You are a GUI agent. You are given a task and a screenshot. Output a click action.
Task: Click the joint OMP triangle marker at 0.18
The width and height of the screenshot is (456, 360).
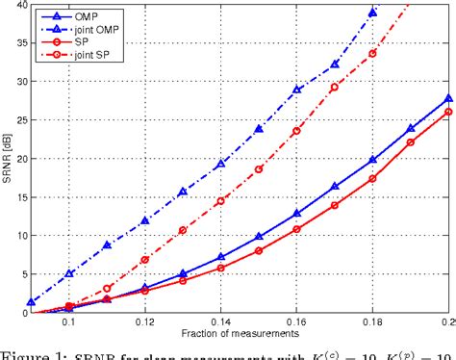[372, 13]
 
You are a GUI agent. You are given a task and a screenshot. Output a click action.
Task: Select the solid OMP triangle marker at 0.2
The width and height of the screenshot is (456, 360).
[448, 97]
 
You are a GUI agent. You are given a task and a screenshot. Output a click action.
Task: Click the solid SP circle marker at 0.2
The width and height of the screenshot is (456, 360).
[448, 112]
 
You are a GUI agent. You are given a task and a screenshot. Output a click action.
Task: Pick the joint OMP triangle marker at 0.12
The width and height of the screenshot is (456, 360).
[145, 221]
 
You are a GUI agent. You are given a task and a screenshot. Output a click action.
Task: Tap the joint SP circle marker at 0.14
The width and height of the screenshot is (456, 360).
[221, 200]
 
